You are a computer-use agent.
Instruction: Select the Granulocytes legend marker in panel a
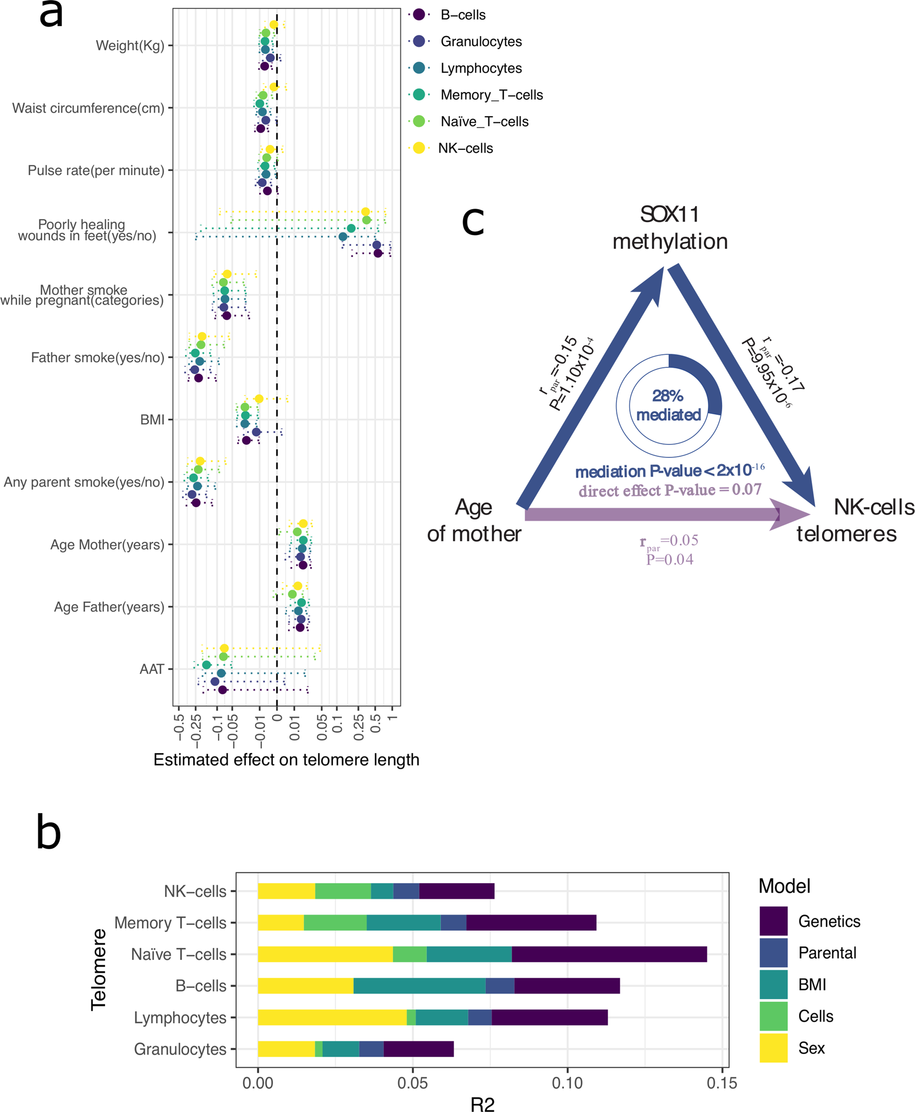[x=419, y=41]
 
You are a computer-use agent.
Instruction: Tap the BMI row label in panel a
[x=152, y=420]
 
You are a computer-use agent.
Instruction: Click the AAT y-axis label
[x=151, y=669]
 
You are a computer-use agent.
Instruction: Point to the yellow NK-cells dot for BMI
[x=259, y=399]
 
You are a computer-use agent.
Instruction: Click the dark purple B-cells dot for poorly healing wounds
[x=378, y=253]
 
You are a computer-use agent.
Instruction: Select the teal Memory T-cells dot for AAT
[x=206, y=665]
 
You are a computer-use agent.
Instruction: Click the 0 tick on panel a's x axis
[x=277, y=719]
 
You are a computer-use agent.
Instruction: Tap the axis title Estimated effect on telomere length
[x=286, y=759]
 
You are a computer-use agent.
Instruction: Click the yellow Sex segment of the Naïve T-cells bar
[x=325, y=954]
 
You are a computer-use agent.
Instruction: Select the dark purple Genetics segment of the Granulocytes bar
[x=419, y=1049]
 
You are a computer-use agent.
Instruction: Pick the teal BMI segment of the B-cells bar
[x=419, y=986]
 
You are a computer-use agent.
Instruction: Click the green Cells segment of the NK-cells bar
[x=343, y=890]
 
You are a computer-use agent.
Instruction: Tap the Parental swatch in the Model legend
[x=773, y=953]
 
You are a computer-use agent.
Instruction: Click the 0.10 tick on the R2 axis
[x=567, y=1083]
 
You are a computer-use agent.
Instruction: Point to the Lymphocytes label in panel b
[x=180, y=1017]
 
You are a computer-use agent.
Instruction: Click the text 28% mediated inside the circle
[x=668, y=406]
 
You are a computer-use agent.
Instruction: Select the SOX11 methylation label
[x=669, y=228]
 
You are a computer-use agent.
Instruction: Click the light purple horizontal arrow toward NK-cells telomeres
[x=654, y=514]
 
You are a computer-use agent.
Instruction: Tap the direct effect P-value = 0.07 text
[x=669, y=490]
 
